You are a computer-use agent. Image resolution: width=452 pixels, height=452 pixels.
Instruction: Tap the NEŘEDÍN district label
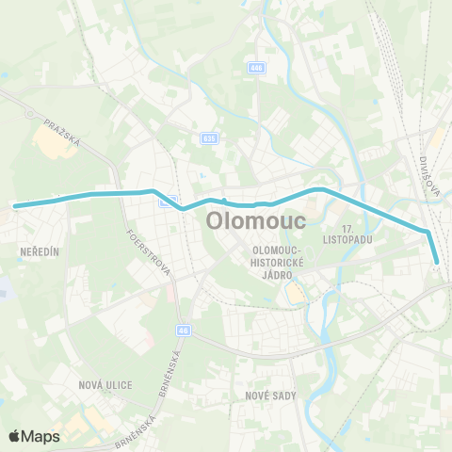[x=39, y=252]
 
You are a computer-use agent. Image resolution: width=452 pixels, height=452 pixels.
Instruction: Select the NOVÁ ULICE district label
[x=105, y=385]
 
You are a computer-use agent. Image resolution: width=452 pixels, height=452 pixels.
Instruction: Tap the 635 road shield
[x=209, y=138]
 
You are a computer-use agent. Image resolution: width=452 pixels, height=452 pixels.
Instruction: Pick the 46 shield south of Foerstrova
[x=183, y=331]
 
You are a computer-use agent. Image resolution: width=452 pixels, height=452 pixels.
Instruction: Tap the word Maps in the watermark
[x=40, y=436]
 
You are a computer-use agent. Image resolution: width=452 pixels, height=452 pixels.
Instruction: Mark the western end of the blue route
[x=15, y=203]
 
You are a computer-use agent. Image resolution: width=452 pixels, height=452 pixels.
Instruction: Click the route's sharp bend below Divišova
[x=428, y=232]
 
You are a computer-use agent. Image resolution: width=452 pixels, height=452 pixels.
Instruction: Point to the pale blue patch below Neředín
[x=4, y=287]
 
